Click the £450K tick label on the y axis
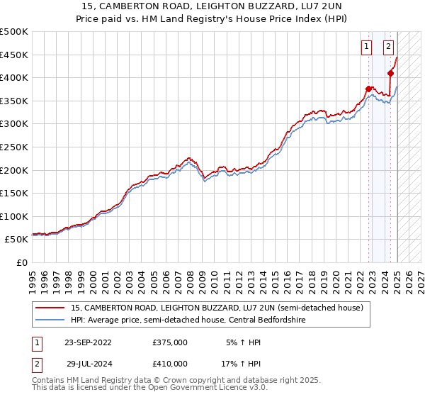tap(14, 55)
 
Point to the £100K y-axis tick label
tap(14, 217)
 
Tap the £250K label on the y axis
tap(14, 147)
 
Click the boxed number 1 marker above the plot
tap(367, 47)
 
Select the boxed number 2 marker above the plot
tap(389, 47)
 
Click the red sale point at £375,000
tap(368, 89)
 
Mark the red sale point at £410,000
tap(390, 73)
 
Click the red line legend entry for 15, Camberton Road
tap(217, 308)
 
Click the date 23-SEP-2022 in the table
tap(88, 342)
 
